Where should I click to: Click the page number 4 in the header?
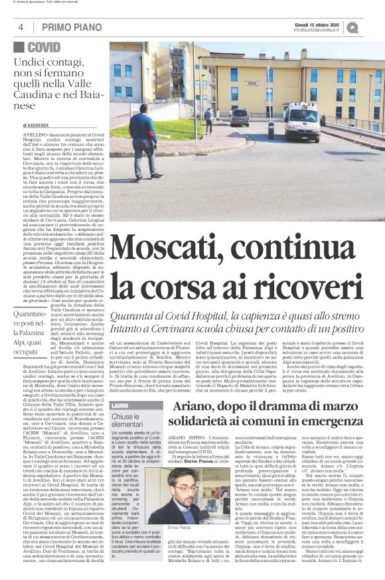(21, 27)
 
